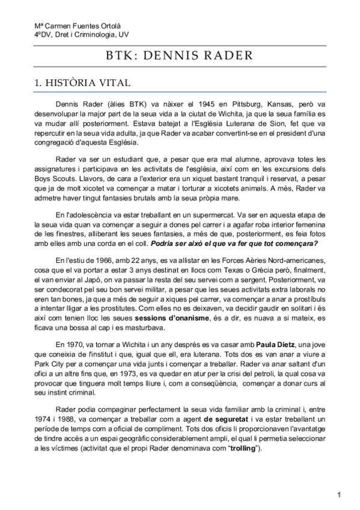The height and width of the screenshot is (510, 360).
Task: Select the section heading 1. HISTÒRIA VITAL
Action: click(82, 83)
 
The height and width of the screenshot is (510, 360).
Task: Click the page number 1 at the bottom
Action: click(340, 494)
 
